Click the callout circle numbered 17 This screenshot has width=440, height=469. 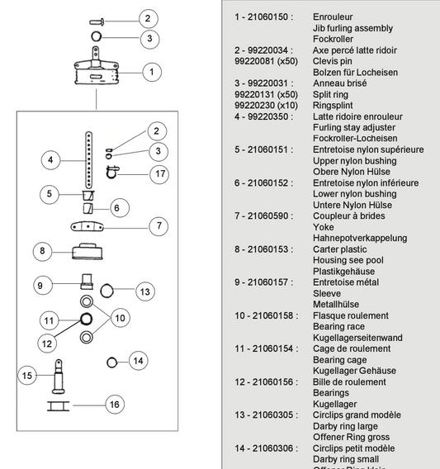pyautogui.click(x=159, y=174)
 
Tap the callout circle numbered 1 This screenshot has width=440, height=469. pyautogui.click(x=152, y=72)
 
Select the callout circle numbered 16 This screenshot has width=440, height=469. pyautogui.click(x=115, y=405)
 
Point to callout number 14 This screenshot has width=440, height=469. pyautogui.click(x=138, y=361)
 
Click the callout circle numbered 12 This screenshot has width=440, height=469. pyautogui.click(x=47, y=343)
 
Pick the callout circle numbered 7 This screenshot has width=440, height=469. pyautogui.click(x=158, y=225)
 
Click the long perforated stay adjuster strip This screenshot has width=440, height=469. pyautogui.click(x=88, y=160)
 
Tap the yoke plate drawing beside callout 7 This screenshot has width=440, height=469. pyautogui.click(x=87, y=226)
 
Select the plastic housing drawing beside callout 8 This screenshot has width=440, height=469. pyautogui.click(x=87, y=251)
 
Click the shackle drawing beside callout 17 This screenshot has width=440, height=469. pyautogui.click(x=112, y=172)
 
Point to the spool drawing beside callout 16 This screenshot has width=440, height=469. pyautogui.click(x=59, y=406)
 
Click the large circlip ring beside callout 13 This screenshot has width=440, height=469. pyautogui.click(x=106, y=291)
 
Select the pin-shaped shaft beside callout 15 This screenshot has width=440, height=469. pyautogui.click(x=59, y=377)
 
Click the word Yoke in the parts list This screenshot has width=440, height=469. pyautogui.click(x=323, y=227)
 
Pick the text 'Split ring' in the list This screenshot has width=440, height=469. pyautogui.click(x=330, y=94)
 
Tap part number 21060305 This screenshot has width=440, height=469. pyautogui.click(x=272, y=415)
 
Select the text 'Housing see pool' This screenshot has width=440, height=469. pyautogui.click(x=348, y=260)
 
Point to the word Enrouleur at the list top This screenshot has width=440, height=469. pyautogui.click(x=333, y=17)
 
